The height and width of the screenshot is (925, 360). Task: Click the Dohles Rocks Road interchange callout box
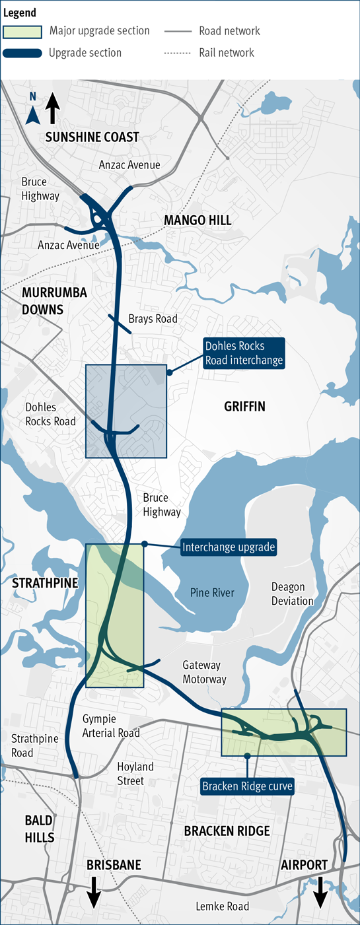244,353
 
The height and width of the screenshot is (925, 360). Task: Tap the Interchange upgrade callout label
229,547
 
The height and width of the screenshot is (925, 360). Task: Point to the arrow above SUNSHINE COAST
53,108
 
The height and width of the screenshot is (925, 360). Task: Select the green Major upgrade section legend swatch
23,31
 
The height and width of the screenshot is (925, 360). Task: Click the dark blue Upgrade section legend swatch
23,53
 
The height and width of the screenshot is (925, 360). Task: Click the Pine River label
211,592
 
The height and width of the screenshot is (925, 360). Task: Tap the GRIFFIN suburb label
244,407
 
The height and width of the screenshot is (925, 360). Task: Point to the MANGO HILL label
198,221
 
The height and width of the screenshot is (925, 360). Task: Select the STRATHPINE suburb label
45,582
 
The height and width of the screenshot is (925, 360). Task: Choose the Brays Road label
153,319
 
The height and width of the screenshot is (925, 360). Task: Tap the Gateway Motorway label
204,672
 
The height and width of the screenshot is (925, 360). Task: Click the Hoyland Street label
135,774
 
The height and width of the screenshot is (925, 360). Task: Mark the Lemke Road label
222,906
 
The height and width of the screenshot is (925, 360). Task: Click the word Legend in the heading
20,13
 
